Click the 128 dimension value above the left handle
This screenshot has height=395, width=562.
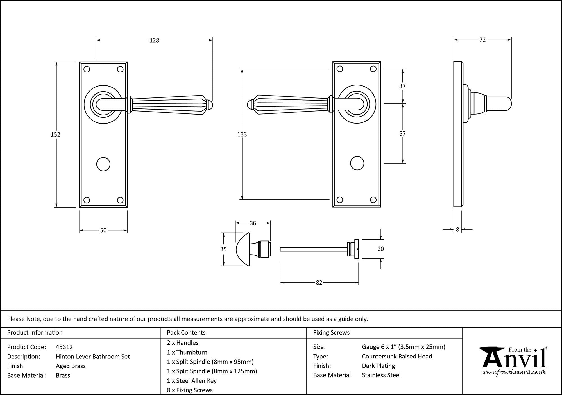click(154, 40)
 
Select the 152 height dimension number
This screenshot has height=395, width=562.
click(55, 135)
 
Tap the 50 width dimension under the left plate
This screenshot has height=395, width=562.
click(103, 230)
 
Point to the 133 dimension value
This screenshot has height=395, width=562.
click(242, 134)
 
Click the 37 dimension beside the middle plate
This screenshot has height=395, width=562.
click(402, 86)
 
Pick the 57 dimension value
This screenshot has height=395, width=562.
click(402, 134)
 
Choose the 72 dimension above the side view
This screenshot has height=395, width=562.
click(482, 40)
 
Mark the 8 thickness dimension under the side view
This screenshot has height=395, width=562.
click(457, 230)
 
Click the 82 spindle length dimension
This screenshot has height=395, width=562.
click(319, 283)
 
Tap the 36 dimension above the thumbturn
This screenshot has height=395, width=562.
click(253, 223)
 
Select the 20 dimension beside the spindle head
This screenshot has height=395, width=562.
click(380, 249)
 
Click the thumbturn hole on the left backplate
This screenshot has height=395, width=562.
click(103, 164)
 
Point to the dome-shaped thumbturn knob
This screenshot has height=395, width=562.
click(243, 249)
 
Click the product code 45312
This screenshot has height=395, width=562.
click(64, 347)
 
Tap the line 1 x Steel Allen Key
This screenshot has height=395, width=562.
click(192, 381)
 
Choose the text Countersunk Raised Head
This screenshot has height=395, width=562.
click(397, 356)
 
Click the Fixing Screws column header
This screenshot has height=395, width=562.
click(331, 333)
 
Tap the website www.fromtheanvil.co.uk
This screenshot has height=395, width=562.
click(514, 373)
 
